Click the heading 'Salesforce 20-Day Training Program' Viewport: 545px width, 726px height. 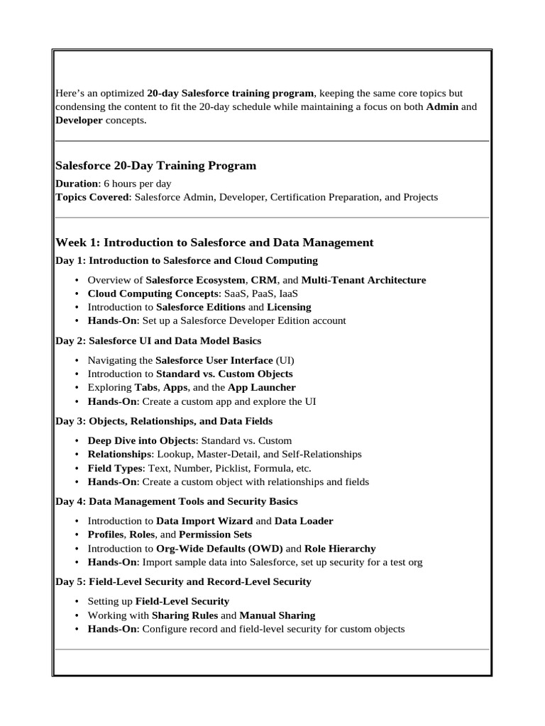(x=155, y=166)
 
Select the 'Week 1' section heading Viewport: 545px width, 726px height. (x=214, y=242)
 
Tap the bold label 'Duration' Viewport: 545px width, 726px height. (x=77, y=184)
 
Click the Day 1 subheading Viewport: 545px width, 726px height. (x=187, y=260)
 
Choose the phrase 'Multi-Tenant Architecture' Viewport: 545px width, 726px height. (x=364, y=280)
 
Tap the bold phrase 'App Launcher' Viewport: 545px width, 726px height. (x=262, y=388)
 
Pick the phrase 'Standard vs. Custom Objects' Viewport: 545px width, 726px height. (x=224, y=374)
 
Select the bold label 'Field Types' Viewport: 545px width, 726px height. (x=114, y=468)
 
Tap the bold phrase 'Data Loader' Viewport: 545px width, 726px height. (x=304, y=521)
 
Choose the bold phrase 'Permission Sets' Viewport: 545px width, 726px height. (x=215, y=535)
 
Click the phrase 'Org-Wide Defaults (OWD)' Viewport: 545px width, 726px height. (x=219, y=549)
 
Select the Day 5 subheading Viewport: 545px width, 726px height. (x=183, y=581)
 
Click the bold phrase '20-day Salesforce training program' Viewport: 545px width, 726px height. (x=230, y=94)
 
